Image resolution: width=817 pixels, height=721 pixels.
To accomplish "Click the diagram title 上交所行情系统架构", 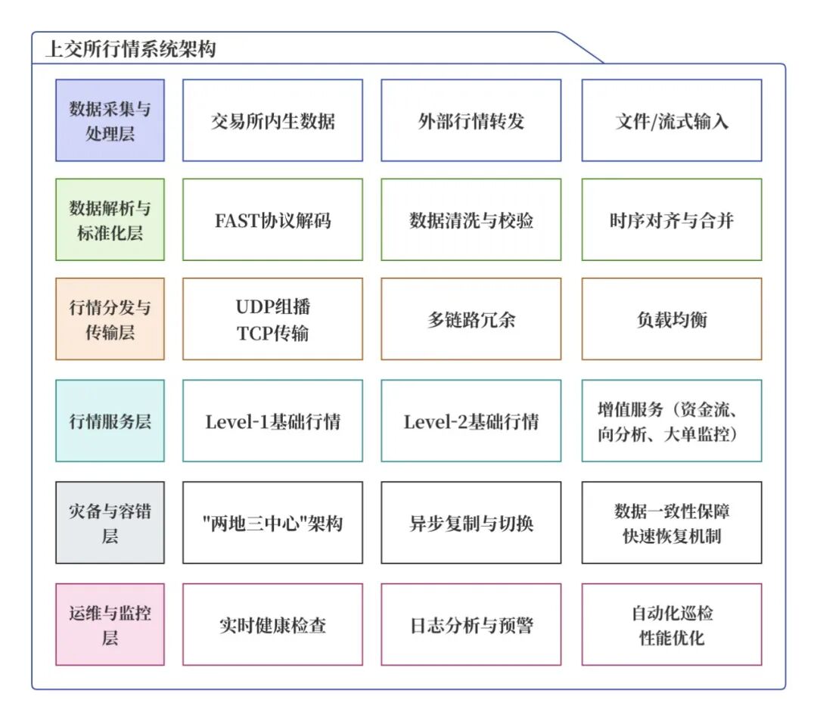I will click(131, 50).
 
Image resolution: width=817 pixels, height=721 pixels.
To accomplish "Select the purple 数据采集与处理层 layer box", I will click(110, 120).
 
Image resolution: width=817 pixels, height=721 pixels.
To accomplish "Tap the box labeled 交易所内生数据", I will click(272, 120).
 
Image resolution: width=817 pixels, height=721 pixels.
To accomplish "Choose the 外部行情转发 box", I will click(471, 120).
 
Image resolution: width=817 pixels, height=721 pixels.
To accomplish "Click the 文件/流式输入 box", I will click(671, 120).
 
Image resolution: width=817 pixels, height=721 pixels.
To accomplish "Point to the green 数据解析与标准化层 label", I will click(110, 219).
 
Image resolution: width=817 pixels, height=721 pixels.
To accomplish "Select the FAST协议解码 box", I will click(272, 220).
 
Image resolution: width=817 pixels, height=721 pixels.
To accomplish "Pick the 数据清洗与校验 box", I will click(471, 220).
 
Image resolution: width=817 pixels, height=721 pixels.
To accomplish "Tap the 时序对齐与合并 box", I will click(671, 220).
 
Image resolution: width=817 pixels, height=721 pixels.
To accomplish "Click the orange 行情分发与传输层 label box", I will click(110, 319).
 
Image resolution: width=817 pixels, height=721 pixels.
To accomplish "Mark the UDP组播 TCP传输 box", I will click(272, 319).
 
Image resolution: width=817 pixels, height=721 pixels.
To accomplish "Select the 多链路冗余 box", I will click(471, 319).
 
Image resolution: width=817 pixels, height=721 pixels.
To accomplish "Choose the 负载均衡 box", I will click(671, 319).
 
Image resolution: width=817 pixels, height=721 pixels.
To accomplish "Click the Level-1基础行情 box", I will click(272, 421).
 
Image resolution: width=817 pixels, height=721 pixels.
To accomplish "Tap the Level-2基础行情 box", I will click(471, 421).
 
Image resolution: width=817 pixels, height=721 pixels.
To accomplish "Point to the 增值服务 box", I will click(671, 421).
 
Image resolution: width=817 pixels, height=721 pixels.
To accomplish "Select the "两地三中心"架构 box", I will click(272, 523).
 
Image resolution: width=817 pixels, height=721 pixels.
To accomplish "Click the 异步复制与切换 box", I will click(471, 523).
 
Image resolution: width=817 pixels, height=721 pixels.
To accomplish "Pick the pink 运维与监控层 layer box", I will click(110, 624).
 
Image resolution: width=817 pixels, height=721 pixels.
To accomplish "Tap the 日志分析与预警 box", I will click(471, 625).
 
